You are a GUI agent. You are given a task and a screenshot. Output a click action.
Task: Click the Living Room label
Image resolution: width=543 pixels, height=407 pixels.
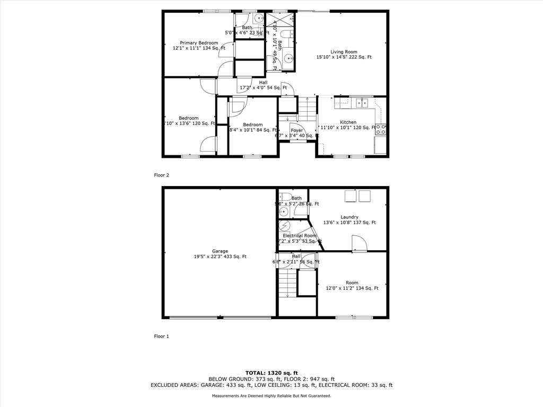tap(344, 52)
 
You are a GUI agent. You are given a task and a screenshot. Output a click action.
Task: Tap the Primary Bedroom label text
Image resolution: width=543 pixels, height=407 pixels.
tap(199, 43)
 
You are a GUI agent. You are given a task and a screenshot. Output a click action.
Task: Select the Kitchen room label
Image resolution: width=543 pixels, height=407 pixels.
tap(348, 122)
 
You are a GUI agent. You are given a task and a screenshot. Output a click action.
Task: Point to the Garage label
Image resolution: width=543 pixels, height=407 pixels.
tap(220, 251)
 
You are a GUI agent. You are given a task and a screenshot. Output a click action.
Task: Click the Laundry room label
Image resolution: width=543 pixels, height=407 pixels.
tap(349, 217)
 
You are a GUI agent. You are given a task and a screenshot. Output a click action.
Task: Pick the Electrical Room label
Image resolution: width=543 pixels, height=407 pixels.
tap(300, 235)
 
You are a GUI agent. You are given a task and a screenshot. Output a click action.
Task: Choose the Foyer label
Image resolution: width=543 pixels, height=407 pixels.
tap(296, 130)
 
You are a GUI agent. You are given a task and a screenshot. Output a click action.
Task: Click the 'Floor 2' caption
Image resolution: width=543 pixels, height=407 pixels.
tap(161, 174)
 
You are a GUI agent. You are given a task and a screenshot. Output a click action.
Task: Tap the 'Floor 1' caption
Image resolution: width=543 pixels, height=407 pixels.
tap(161, 336)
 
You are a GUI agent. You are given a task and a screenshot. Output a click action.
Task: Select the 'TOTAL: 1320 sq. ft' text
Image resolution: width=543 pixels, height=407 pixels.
tap(271, 373)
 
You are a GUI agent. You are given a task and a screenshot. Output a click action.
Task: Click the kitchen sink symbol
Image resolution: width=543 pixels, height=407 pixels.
tap(362, 103)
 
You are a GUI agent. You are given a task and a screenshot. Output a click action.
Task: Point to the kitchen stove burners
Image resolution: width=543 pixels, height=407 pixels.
tap(381, 129)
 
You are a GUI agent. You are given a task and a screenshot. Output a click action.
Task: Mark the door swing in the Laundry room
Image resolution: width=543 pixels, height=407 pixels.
tap(359, 243)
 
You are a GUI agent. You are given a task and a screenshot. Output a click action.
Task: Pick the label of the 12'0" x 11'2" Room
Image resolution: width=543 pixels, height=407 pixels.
tap(352, 282)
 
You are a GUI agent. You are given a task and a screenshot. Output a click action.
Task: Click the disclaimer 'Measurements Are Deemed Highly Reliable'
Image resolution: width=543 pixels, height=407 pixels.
tap(271, 396)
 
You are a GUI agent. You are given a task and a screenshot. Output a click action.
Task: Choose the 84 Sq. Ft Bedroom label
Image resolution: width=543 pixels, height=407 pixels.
tap(253, 125)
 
